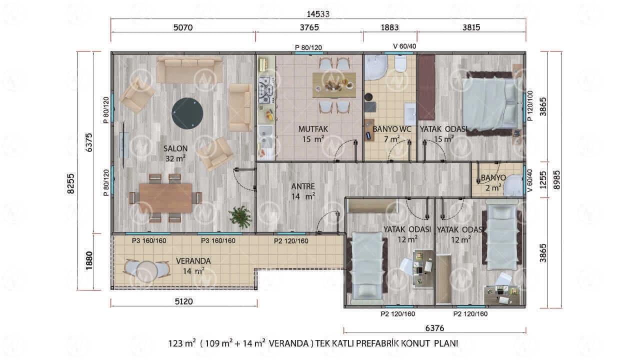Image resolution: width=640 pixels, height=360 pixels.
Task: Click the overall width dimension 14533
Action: (318, 14)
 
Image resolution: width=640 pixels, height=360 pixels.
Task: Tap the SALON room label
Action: (175, 148)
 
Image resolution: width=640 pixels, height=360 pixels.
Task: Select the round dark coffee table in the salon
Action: (187, 113)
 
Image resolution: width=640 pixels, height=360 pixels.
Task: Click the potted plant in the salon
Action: (240, 217)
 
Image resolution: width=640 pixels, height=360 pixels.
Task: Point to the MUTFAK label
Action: (313, 129)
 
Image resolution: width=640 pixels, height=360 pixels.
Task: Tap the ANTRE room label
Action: (303, 186)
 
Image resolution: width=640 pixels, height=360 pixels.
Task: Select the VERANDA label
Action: (193, 261)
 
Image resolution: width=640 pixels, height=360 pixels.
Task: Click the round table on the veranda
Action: (147, 271)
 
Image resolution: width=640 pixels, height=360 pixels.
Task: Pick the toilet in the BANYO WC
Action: (400, 63)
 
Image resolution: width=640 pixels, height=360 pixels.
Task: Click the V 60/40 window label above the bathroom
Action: (404, 46)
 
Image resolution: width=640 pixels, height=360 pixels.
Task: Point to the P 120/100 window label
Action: (530, 105)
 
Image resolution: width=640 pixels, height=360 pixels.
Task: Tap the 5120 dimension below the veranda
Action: (183, 301)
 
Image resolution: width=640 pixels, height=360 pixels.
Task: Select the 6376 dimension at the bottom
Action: (434, 328)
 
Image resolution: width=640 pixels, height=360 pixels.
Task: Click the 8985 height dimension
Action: (557, 179)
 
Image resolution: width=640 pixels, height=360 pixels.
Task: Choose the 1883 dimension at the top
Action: (389, 27)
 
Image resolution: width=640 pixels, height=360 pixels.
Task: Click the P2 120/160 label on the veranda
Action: (291, 241)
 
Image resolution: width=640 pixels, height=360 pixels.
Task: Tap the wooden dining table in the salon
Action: (165, 198)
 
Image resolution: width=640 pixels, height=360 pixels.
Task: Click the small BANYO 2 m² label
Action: (493, 182)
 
